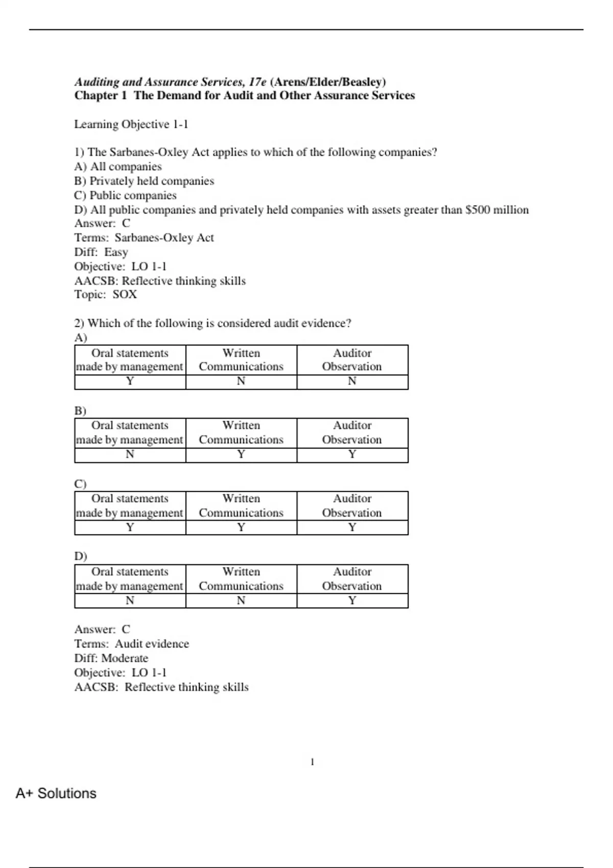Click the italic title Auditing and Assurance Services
coord(170,82)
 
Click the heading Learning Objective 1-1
coord(131,125)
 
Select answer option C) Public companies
coord(125,196)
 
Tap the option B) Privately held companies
coord(144,181)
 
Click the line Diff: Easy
coord(101,252)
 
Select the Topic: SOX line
coord(106,295)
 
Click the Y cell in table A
coord(130,381)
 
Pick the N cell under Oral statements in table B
coord(130,454)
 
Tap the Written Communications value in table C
coord(241,527)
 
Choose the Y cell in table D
coord(352,600)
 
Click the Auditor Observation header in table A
coord(352,360)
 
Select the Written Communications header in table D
coord(241,579)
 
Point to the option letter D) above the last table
coord(81,556)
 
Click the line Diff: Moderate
coord(111,659)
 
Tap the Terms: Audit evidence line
coord(132,644)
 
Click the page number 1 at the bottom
coord(312,762)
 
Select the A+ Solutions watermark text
coord(56,793)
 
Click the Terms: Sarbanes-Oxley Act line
coord(144,238)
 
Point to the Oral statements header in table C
coord(130,506)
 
